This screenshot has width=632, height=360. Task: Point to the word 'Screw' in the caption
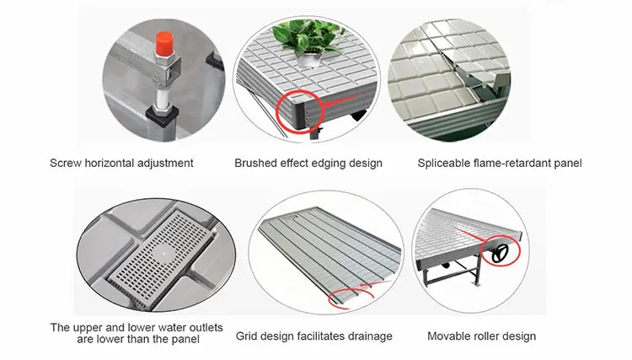pyautogui.click(x=67, y=163)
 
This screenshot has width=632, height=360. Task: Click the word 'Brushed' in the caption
pyautogui.click(x=254, y=163)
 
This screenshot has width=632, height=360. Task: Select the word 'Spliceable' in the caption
pyautogui.click(x=445, y=163)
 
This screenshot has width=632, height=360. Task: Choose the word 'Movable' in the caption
pyautogui.click(x=449, y=336)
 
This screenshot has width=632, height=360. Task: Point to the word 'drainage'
pyautogui.click(x=370, y=336)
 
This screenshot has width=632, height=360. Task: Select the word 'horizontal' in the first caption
pyautogui.click(x=114, y=163)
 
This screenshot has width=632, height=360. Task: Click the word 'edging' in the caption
pyautogui.click(x=329, y=163)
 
